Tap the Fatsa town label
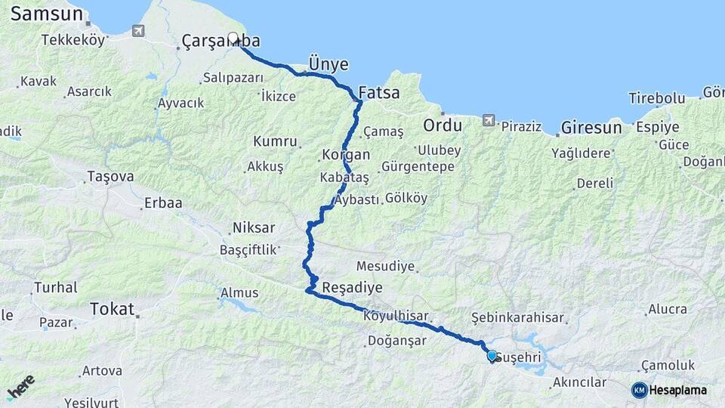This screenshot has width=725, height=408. (x=378, y=94)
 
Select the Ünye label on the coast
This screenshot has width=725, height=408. (x=328, y=61)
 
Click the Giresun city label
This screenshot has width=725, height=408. (x=591, y=127)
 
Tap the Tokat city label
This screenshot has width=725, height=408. (x=111, y=308)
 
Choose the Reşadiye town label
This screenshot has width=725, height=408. (x=352, y=288)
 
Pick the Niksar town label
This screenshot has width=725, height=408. (x=254, y=227)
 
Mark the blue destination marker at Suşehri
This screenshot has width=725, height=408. (x=492, y=355)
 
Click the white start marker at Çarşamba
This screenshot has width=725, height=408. (x=233, y=37)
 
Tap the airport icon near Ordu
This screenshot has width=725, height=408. (x=489, y=120)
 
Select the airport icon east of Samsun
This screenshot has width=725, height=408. (x=137, y=31)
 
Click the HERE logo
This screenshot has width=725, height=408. (x=20, y=387)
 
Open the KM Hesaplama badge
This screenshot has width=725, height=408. (x=669, y=390)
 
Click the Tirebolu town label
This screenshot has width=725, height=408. (x=656, y=98)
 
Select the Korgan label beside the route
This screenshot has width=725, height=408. (x=346, y=155)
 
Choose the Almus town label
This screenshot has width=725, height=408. (x=239, y=292)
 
